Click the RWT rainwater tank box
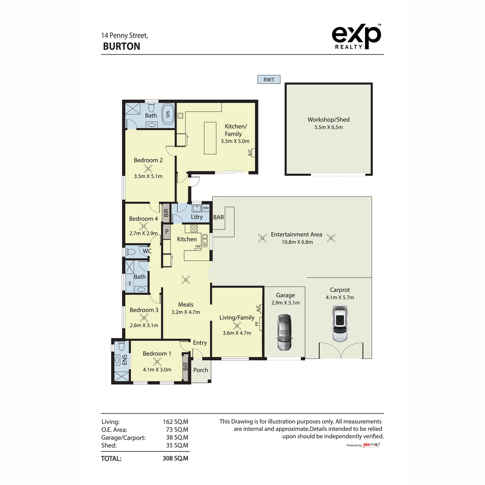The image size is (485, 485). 269,80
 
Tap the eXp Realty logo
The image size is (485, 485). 356,37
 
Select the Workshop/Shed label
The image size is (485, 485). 328,120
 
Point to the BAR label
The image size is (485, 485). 219,217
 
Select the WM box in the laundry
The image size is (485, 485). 206,208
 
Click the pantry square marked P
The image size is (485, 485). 167,232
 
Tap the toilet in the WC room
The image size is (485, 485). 131,252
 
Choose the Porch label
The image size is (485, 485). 200,370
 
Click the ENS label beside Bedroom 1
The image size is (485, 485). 124,360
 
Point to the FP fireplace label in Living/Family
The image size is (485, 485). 257,324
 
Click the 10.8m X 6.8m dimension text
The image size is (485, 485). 297,242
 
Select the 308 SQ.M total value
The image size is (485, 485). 175,458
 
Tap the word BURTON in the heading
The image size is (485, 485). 122,46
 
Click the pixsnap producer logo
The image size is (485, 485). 371,445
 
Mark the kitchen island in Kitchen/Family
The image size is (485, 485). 210,138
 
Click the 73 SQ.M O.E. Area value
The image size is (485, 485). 177,430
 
